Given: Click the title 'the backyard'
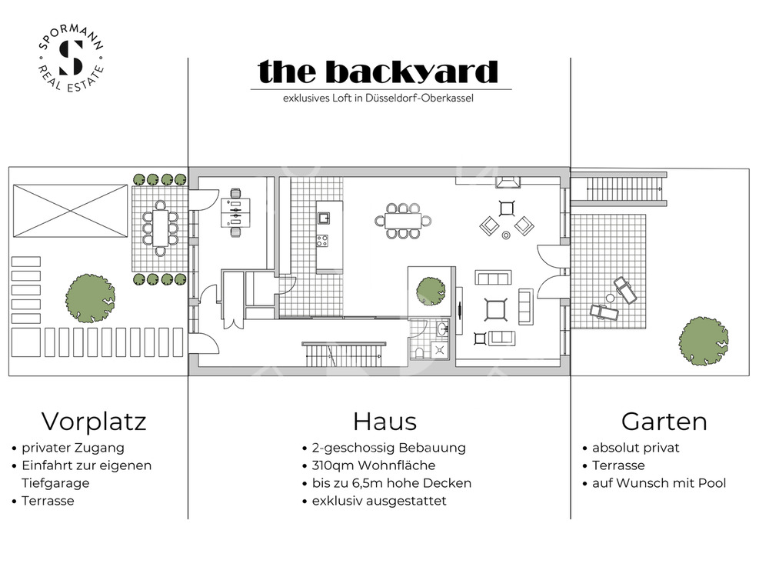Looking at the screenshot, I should click(378, 72).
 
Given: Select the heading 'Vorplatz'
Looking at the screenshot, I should click(94, 422).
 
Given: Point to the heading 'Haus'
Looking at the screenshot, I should click(384, 422).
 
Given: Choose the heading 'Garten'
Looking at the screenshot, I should click(664, 422).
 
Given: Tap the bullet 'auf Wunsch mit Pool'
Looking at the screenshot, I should click(658, 483).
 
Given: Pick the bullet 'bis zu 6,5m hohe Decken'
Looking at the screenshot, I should click(391, 483).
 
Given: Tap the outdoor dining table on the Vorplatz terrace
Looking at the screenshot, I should click(160, 227).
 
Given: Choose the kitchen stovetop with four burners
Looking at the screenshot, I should click(323, 239).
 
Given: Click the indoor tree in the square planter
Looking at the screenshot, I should click(431, 289).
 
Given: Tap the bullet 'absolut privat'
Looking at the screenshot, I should click(635, 447).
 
